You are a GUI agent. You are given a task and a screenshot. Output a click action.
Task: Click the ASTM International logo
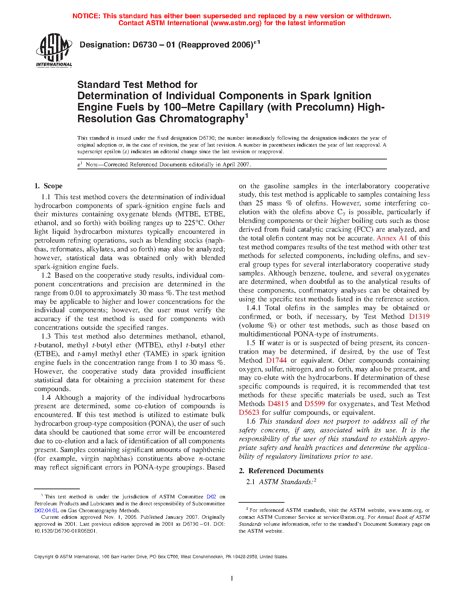pos(54,50)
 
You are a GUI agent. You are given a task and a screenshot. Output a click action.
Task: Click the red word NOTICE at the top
pos(86,16)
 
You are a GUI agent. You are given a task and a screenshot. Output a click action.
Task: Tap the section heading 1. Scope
pos(49,186)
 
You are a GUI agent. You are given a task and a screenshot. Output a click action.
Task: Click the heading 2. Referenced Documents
pos(281,471)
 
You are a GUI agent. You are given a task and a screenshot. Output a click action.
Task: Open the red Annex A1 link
pos(392,238)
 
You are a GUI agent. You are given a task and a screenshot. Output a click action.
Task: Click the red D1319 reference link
pos(419,317)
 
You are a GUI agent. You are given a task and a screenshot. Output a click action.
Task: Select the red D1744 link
pos(276,360)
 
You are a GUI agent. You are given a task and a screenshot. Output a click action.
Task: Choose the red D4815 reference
pos(278,404)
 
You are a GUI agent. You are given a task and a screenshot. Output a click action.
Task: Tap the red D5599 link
pos(314,404)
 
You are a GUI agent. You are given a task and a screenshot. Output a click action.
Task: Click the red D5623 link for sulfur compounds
pos(249,413)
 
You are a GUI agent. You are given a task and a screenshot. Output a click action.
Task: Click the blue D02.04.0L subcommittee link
pos(46,510)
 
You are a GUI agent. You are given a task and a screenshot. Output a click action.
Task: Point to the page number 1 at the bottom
pos(232,578)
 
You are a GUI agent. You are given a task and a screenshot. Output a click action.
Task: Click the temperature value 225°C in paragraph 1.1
pos(215,223)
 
